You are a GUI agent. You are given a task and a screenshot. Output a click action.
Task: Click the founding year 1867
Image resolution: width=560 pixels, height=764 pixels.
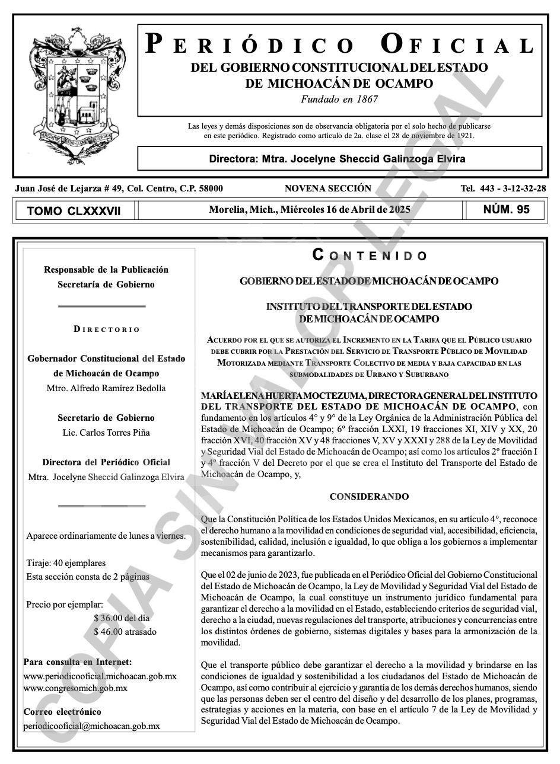pyautogui.click(x=364, y=100)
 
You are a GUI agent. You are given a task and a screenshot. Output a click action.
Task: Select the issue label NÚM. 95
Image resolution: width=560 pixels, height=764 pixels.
pyautogui.click(x=506, y=209)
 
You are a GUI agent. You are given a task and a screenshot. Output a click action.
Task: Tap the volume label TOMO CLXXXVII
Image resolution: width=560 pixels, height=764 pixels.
pyautogui.click(x=74, y=211)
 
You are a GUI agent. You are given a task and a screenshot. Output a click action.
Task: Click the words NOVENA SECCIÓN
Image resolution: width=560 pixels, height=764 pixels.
pyautogui.click(x=327, y=188)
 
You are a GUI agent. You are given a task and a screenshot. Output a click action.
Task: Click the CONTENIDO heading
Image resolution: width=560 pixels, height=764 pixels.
pyautogui.click(x=370, y=255)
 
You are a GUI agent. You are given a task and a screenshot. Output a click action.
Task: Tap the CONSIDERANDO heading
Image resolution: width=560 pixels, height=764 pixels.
pyautogui.click(x=369, y=497)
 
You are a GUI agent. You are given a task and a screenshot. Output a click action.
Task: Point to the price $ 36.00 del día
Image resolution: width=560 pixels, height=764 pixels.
pyautogui.click(x=122, y=618)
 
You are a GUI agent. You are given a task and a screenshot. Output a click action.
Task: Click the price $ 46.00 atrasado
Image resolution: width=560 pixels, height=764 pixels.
pyautogui.click(x=125, y=632)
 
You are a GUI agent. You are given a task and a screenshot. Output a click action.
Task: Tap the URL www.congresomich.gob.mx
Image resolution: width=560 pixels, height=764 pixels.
pyautogui.click(x=75, y=688)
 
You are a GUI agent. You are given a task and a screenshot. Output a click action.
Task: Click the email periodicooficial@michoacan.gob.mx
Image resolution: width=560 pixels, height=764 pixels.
pyautogui.click(x=91, y=725)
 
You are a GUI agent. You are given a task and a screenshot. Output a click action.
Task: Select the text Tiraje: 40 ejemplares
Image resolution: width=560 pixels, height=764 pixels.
pyautogui.click(x=66, y=563)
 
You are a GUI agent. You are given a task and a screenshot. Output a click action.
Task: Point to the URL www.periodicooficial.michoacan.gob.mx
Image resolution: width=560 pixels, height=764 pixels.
pyautogui.click(x=100, y=676)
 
